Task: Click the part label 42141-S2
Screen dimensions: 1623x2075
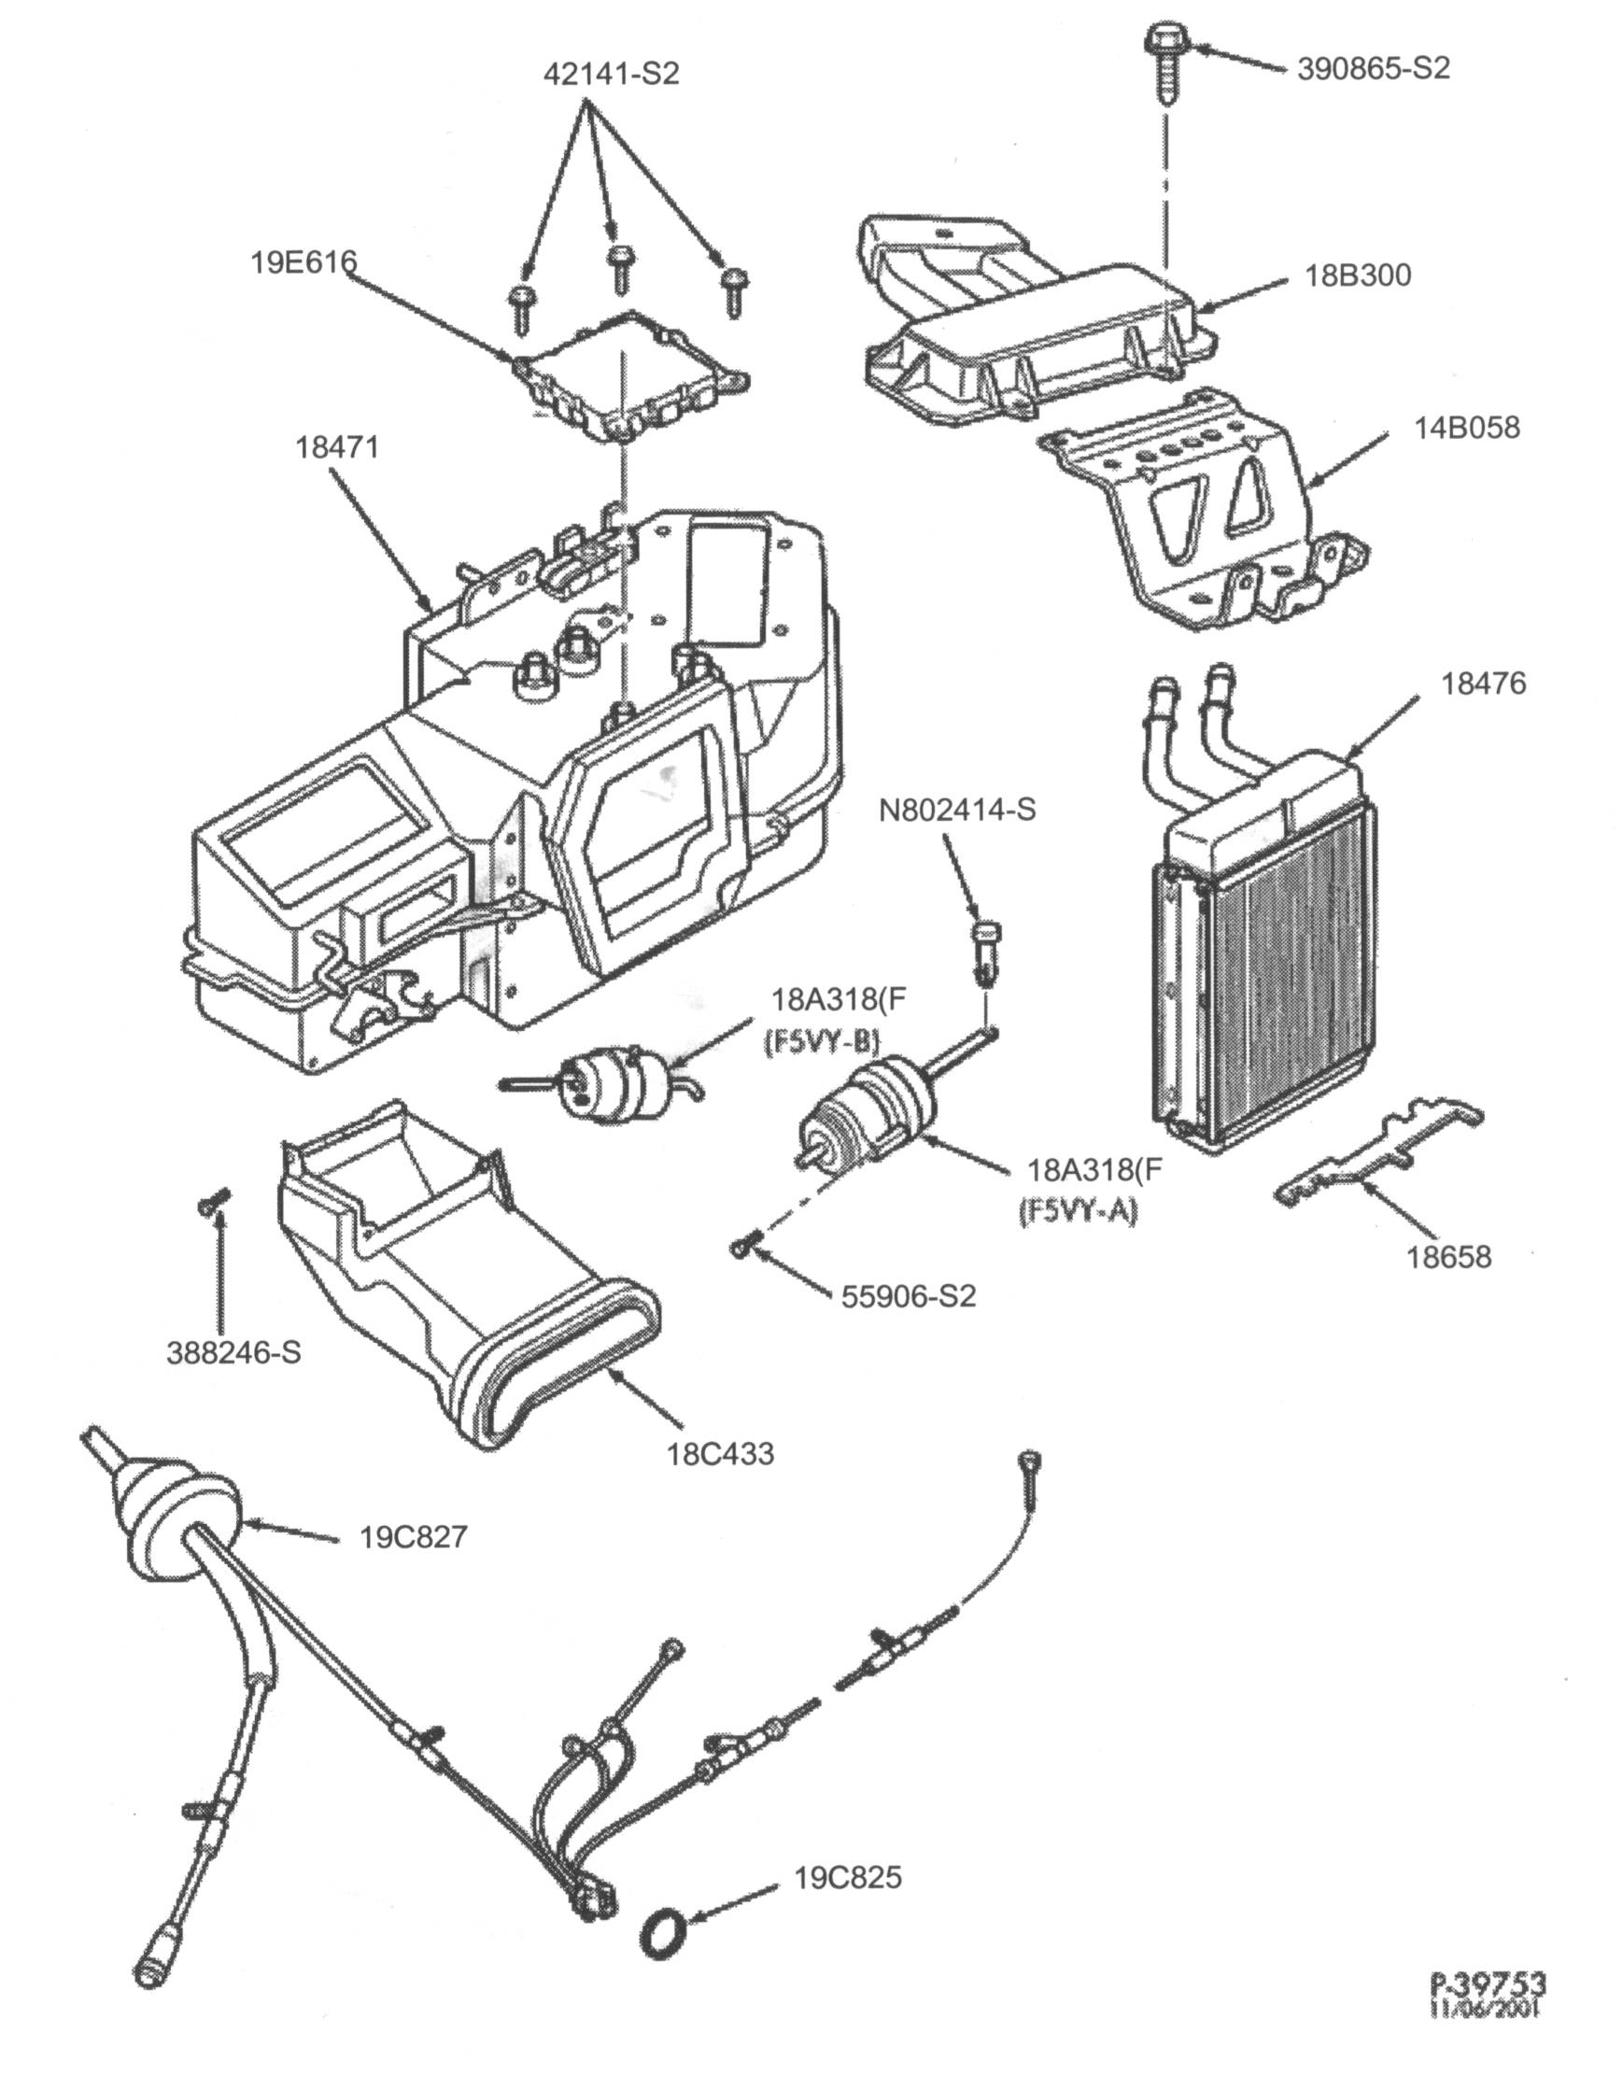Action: tap(611, 74)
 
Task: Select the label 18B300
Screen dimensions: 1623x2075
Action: tap(1358, 275)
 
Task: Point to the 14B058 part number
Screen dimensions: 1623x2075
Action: tap(1467, 428)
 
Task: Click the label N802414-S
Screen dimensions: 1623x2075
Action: tap(957, 810)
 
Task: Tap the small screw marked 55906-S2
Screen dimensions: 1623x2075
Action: tap(742, 1248)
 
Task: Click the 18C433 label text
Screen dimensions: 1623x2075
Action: tap(720, 1455)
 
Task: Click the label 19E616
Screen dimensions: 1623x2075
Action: tap(303, 261)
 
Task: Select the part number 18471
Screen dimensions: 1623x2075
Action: tap(336, 446)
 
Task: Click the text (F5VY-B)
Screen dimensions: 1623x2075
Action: tap(821, 1042)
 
